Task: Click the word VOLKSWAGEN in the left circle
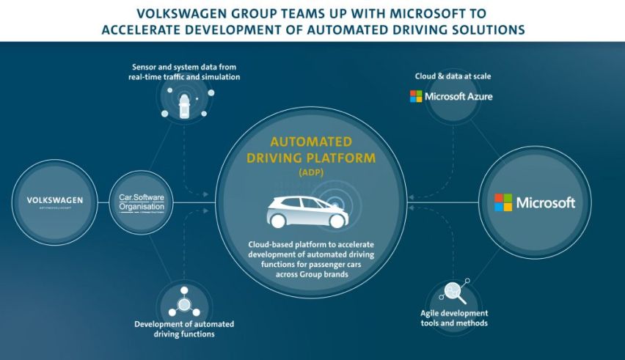[55, 199]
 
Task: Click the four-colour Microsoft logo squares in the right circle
[503, 202]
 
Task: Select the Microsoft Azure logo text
[451, 96]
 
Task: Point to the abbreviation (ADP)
[311, 173]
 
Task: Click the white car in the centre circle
[307, 212]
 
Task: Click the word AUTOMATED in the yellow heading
[311, 142]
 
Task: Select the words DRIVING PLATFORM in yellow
[312, 157]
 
